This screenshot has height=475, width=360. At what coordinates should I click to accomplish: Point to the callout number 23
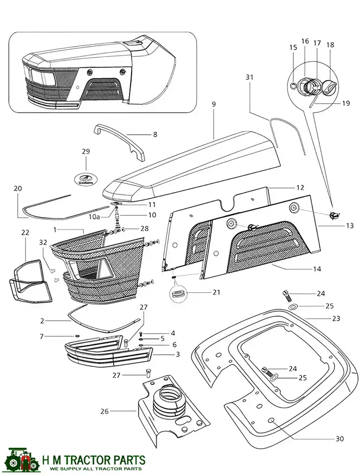click(336, 319)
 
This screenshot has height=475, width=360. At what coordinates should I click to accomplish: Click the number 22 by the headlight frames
click(25, 232)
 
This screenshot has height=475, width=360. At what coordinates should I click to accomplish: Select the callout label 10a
click(94, 217)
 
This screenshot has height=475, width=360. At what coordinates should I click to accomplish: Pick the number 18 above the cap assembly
click(330, 45)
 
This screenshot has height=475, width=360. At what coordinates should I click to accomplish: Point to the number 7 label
click(42, 336)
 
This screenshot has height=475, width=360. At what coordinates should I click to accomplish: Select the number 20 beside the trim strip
click(18, 188)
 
